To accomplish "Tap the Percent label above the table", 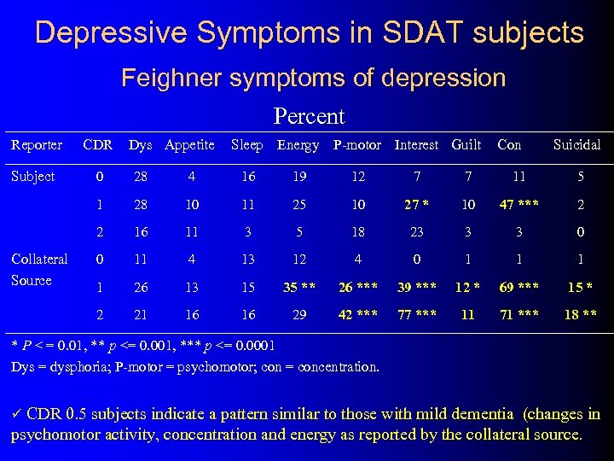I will pos(309,116).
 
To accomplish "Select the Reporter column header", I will pos(36,145).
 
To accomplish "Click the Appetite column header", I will pos(189,145).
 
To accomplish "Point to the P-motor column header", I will pos(357,145).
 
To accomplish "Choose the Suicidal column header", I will pos(576,145).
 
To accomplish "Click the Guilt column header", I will pos(466,145).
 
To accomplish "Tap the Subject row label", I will pos(32,177).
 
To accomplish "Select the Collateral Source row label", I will pos(38,270).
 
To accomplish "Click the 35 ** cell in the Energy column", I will pos(298,286).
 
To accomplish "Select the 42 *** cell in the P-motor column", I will pos(357,315).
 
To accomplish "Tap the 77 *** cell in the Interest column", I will pos(417,315).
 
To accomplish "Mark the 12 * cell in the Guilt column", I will pos(466,286).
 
